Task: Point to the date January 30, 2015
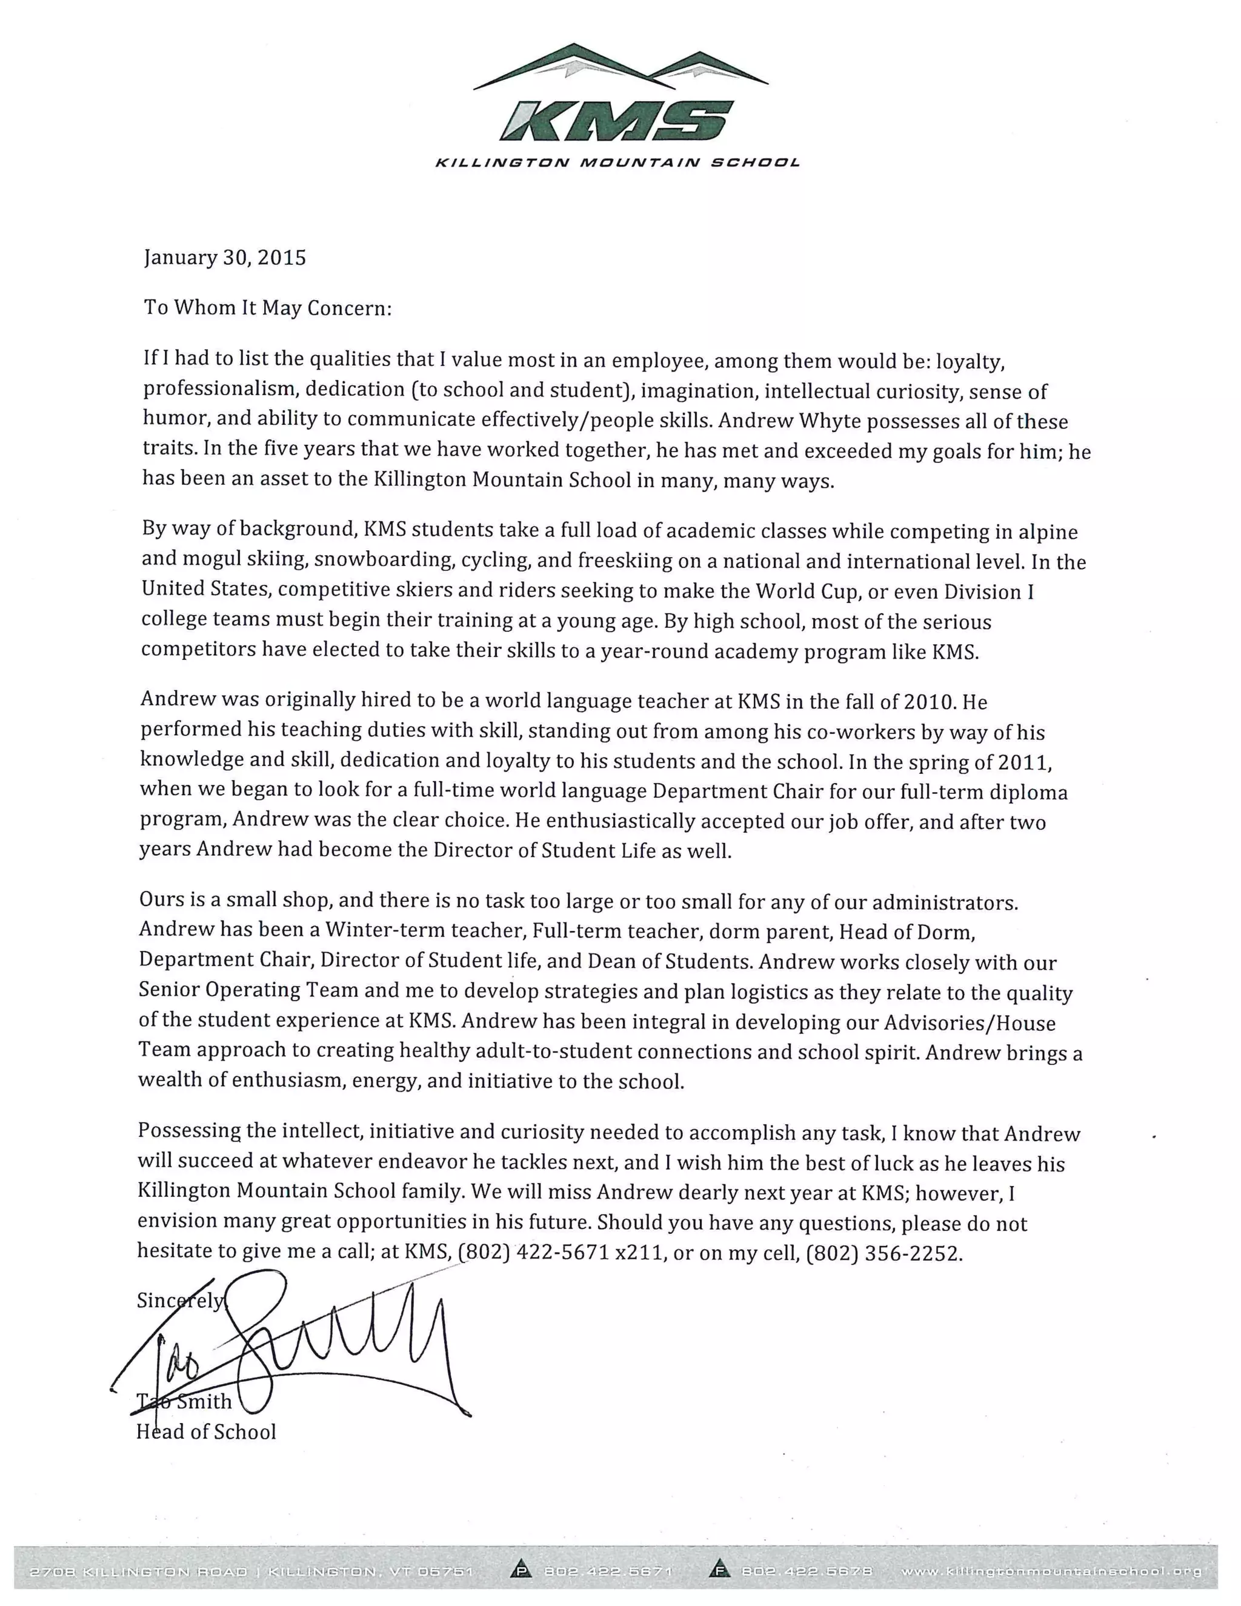[224, 258]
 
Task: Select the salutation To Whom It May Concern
[268, 307]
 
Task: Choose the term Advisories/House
[970, 1022]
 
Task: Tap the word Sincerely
[180, 1301]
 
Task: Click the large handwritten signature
[331, 1350]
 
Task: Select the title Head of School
[206, 1431]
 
